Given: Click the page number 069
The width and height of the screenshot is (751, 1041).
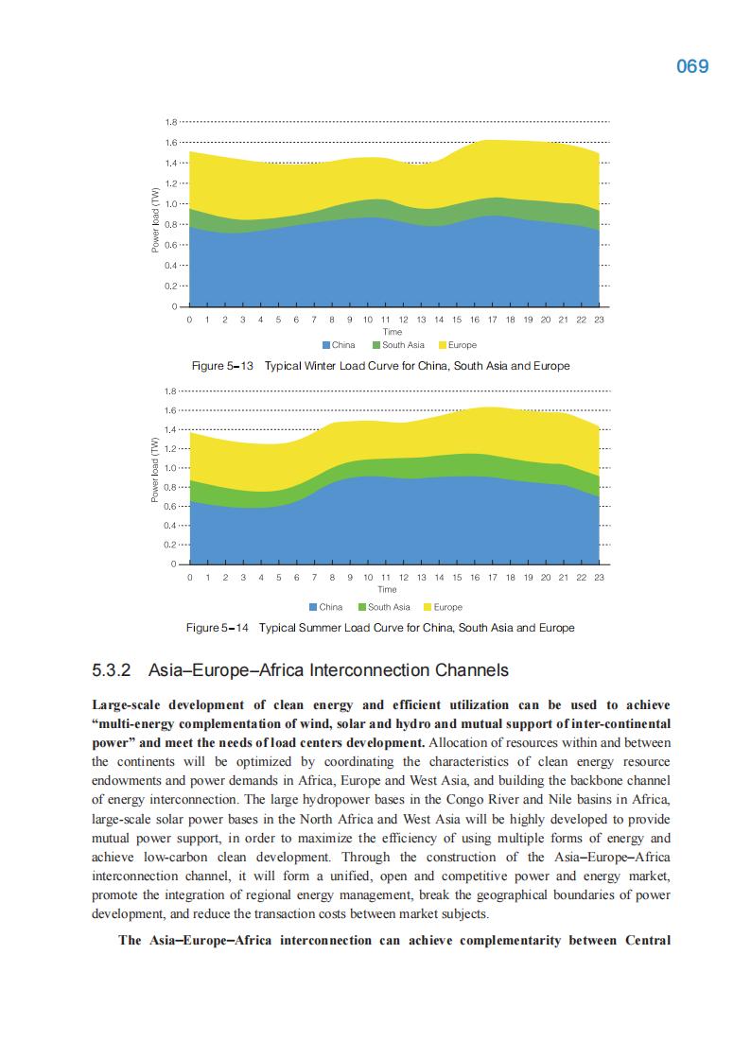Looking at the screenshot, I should (x=692, y=67).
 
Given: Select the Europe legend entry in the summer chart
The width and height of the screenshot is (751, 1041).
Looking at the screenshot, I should (x=447, y=607).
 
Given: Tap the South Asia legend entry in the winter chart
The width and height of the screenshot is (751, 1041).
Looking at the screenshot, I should (x=403, y=345).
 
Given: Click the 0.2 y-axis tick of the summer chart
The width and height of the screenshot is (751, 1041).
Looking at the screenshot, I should (x=170, y=545).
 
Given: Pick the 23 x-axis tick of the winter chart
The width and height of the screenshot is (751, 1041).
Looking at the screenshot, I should (x=599, y=321).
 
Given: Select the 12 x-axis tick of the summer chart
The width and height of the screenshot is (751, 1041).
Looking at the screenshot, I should (x=404, y=577).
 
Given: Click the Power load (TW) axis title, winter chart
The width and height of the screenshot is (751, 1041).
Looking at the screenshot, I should (x=156, y=220).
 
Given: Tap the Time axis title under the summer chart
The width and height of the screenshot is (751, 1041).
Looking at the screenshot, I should (x=387, y=589).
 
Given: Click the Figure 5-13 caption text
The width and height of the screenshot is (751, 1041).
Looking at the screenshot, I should (x=381, y=365).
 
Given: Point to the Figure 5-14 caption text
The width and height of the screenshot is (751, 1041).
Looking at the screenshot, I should (x=380, y=628).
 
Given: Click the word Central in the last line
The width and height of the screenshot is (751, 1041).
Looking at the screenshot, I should (x=647, y=940).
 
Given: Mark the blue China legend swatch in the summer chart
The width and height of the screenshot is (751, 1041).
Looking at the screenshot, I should (x=313, y=607).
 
